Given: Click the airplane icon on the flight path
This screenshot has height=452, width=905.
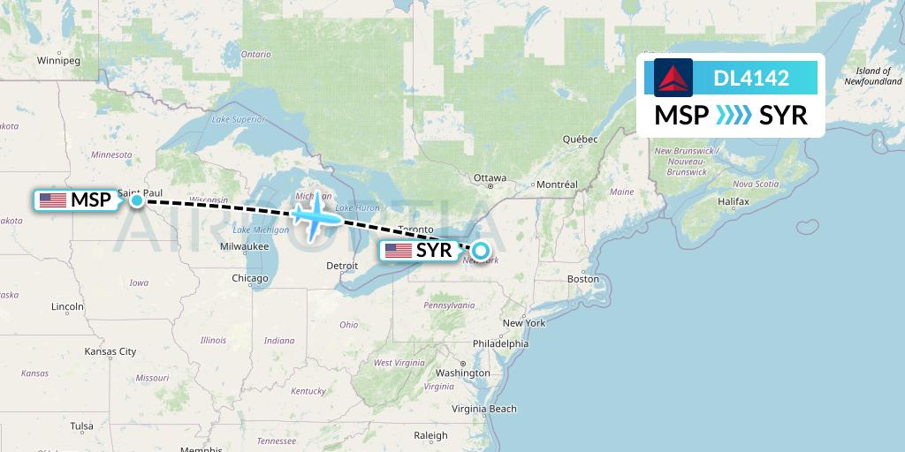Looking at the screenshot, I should [x=316, y=214].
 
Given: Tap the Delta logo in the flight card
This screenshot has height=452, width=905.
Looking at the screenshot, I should [x=673, y=77].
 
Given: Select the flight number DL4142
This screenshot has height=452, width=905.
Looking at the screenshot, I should [x=751, y=78].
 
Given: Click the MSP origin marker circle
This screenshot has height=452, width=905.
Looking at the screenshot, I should [x=137, y=200].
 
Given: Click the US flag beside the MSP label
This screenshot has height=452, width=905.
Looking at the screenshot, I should [x=53, y=200].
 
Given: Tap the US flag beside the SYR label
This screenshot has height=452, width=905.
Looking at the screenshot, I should [x=399, y=251].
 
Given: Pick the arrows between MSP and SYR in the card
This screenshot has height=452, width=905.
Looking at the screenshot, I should [x=733, y=116].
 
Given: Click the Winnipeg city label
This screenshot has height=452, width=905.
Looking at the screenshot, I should [x=58, y=61].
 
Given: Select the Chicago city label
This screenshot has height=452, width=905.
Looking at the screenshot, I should [x=250, y=278].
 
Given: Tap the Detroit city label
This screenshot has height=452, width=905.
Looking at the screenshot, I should [x=342, y=265].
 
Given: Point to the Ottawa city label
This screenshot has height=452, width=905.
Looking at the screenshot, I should [x=490, y=177].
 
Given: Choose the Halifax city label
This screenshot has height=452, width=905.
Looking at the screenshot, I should [x=734, y=201].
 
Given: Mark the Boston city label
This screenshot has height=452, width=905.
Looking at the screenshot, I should [x=583, y=279].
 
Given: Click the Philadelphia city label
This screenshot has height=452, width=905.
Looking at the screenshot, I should [x=501, y=343].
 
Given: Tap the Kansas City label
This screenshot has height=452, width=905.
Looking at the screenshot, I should [x=110, y=351].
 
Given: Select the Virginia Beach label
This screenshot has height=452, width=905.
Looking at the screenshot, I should [x=484, y=409].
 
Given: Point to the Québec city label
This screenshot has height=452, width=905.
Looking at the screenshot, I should [x=581, y=139].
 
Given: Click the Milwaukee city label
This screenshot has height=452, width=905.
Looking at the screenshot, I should [x=245, y=246].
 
